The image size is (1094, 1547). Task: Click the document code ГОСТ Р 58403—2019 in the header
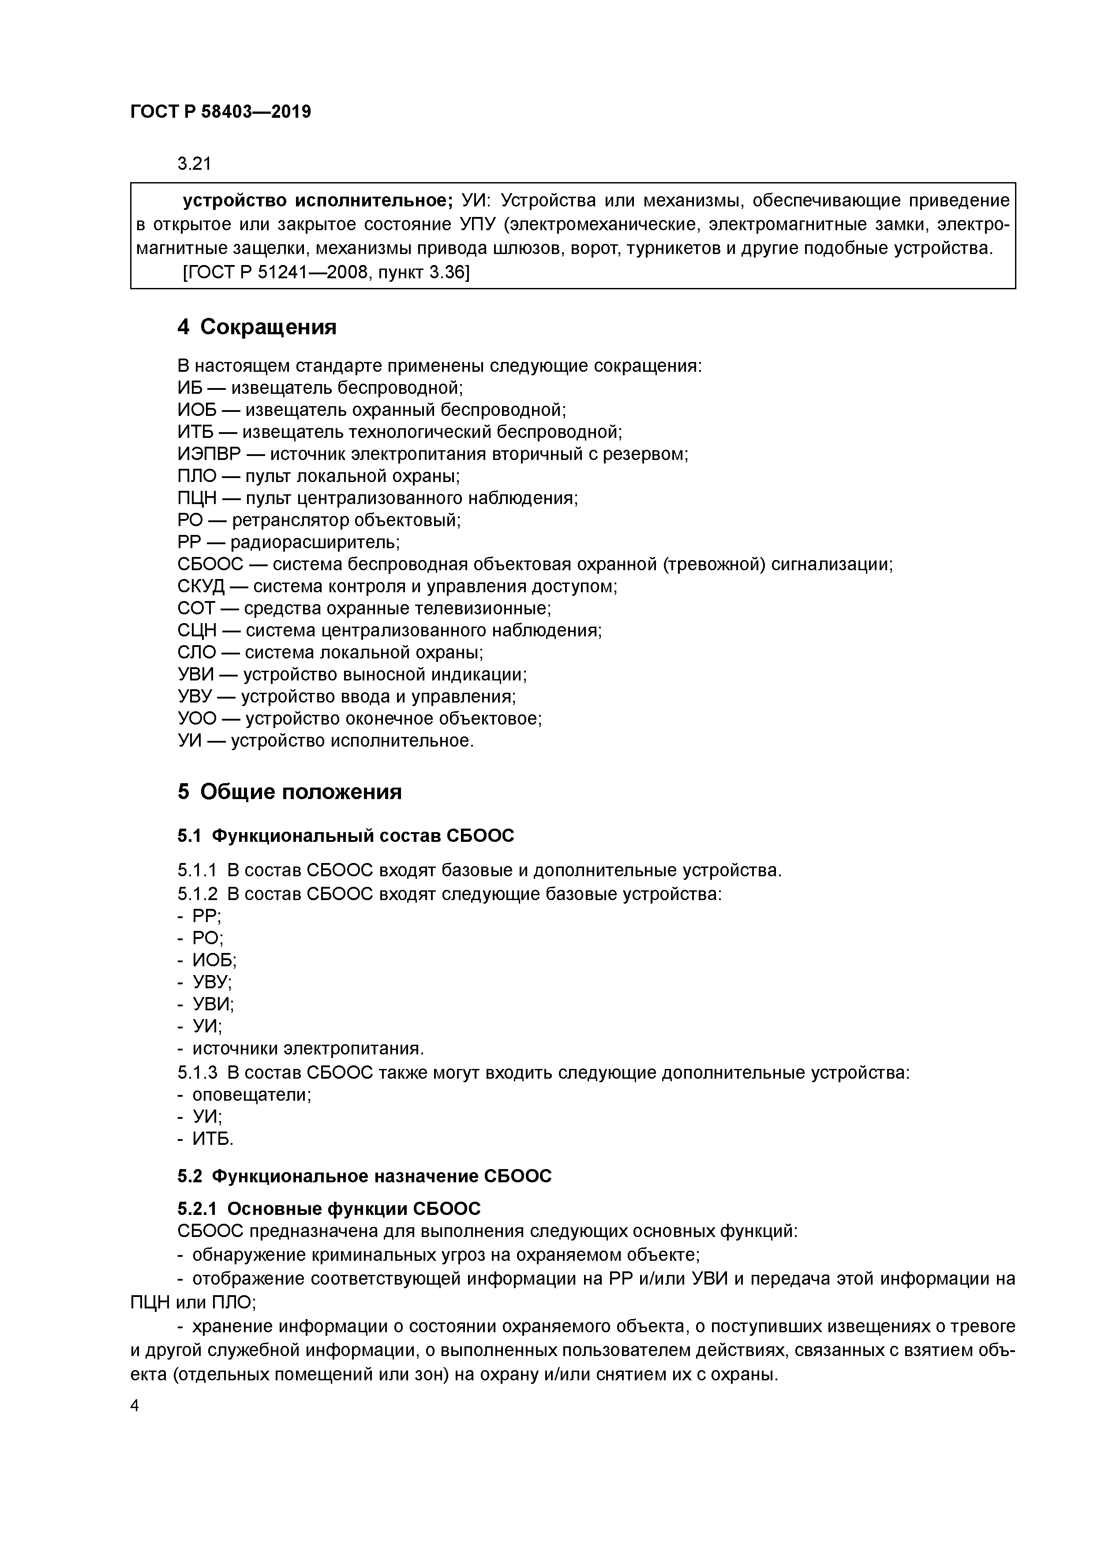click(x=221, y=112)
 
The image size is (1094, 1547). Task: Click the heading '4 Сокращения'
click(x=257, y=328)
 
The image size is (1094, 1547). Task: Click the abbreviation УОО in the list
click(x=197, y=718)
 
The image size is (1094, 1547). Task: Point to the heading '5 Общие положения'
click(x=290, y=792)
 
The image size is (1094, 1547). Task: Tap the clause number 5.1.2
click(x=198, y=894)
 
